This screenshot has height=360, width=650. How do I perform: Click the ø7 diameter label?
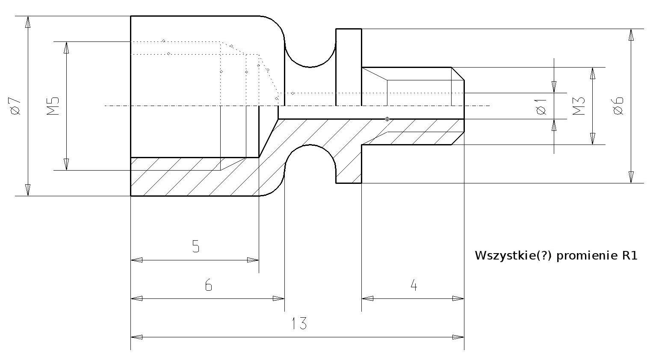click(15, 106)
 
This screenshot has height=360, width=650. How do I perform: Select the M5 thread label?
click(53, 106)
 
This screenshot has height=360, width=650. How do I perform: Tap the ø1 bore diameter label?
click(541, 106)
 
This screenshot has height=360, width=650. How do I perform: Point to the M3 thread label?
click(579, 106)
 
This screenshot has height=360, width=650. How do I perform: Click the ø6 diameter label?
click(618, 106)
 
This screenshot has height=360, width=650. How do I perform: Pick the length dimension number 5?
click(196, 247)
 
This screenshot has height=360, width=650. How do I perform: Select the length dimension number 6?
click(208, 285)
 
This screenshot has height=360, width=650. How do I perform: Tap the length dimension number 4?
click(414, 285)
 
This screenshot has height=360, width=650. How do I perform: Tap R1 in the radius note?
click(630, 256)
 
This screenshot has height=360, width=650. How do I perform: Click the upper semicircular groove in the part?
click(310, 55)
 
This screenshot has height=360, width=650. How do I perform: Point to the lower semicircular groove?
click(310, 157)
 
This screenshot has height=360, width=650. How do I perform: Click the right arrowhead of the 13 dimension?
click(459, 337)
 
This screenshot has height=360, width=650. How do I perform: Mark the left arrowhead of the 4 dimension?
click(367, 298)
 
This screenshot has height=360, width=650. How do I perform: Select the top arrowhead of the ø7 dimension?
click(28, 22)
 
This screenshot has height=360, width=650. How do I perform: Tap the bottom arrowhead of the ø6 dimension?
click(631, 177)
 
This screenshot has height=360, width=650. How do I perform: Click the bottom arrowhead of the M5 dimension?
click(66, 165)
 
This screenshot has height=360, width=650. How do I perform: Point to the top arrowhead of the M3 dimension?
click(593, 73)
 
